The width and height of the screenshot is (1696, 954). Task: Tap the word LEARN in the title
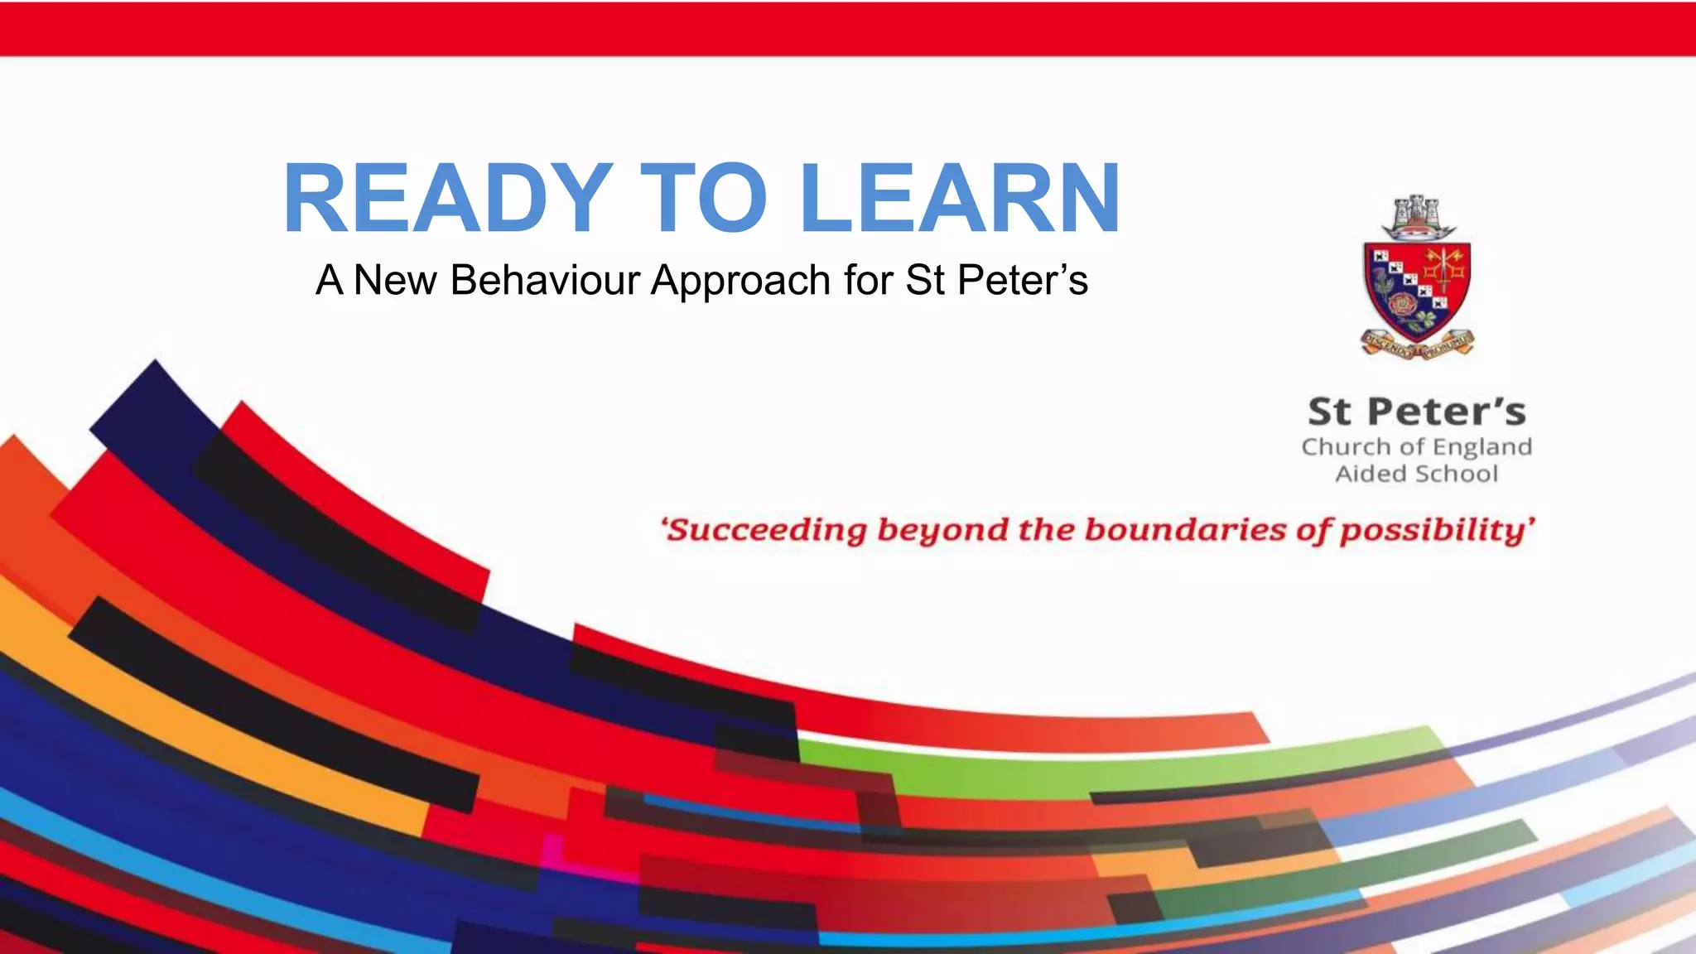[961, 199]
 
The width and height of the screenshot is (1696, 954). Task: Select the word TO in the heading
[704, 199]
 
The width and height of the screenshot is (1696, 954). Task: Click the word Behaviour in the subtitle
[545, 280]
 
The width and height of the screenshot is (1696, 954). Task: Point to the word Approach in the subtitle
[740, 280]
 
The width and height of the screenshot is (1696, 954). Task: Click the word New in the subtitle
[395, 280]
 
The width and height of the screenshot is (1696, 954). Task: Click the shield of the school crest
[1417, 290]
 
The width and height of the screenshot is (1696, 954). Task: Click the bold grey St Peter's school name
[1417, 412]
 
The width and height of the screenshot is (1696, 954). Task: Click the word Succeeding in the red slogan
[766, 530]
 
